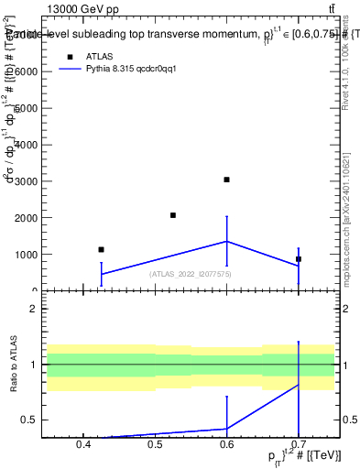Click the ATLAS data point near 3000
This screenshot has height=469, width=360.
pos(226,180)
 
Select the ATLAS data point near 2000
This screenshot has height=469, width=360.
pos(173,215)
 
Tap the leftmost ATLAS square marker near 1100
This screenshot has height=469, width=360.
pos(101,249)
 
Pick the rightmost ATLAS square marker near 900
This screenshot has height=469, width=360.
pos(299,259)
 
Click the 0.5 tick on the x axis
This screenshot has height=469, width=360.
pos(155,446)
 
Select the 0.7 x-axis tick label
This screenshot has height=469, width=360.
pos(299,446)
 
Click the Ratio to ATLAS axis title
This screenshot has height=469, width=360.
pos(13,365)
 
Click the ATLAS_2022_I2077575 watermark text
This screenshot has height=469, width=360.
pos(191,274)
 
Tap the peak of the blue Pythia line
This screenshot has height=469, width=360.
pos(226,241)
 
